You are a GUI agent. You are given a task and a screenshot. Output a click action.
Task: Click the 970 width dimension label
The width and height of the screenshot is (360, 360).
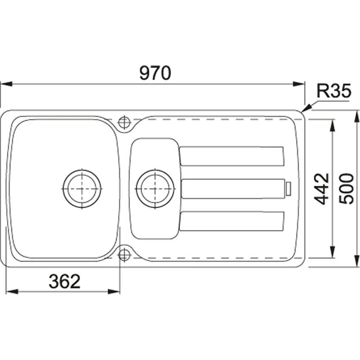tap(155, 73)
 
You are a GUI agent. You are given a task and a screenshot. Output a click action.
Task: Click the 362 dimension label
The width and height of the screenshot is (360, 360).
tap(64, 282)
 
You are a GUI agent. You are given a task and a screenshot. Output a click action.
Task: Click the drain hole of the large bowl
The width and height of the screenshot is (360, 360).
tap(82, 189)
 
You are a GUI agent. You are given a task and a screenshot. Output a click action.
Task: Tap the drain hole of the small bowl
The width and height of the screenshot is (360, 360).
tap(155, 189)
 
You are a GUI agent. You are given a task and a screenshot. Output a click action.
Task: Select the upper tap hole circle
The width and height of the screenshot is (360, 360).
tap(124, 122)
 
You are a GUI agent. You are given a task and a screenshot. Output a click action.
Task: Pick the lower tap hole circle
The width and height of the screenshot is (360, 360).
tap(124, 254)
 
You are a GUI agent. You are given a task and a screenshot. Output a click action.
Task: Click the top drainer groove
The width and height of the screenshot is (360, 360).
tap(232, 156)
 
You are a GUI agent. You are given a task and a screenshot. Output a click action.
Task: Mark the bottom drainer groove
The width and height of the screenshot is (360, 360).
tap(232, 221)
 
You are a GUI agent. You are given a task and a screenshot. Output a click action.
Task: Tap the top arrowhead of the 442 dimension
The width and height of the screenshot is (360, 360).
tap(333, 123)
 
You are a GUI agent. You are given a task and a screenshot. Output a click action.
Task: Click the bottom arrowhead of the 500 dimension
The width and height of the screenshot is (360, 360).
tap(357, 262)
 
